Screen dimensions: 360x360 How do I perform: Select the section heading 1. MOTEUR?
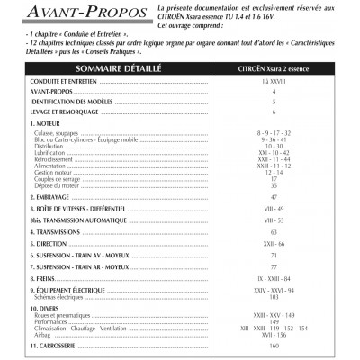[x=45, y=123]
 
